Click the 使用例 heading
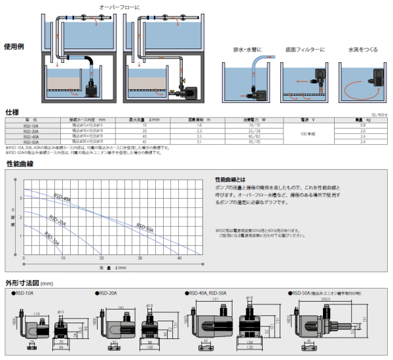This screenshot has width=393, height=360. click(x=14, y=47)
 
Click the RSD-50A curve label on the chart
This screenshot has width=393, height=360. click(x=145, y=228)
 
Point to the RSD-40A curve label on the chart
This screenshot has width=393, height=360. click(x=62, y=198)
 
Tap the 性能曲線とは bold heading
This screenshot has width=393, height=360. click(x=231, y=179)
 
